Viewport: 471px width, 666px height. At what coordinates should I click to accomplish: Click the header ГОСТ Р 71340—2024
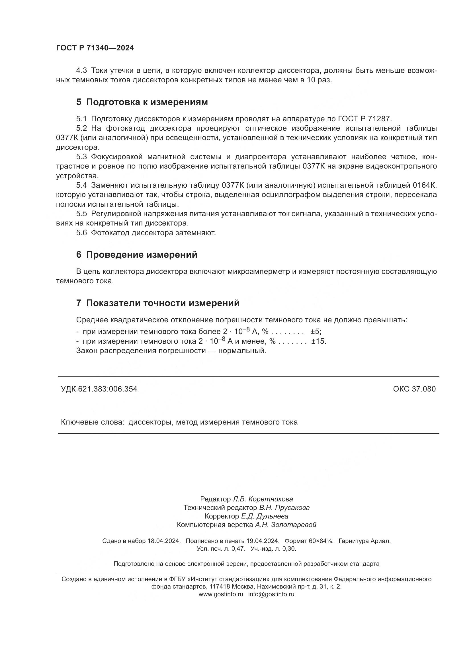point(95,48)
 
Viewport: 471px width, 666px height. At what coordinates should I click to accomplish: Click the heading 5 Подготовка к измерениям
point(142,102)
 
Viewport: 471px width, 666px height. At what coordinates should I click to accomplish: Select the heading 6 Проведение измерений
point(137,255)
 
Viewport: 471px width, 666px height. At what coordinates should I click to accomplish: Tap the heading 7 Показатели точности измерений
point(158,303)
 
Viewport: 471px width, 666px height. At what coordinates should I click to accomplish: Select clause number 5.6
point(81,233)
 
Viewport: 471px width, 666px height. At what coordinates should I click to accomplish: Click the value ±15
point(319,341)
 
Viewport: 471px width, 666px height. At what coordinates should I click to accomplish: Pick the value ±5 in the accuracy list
point(316,331)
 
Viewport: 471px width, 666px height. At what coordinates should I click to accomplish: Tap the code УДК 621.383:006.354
point(99,389)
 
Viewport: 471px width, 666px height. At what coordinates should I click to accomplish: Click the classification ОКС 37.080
point(414,389)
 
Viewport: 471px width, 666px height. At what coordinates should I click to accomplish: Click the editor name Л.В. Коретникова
point(263,499)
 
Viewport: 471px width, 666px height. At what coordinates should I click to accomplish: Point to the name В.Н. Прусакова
point(284,508)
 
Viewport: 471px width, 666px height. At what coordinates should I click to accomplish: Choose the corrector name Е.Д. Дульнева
point(265,516)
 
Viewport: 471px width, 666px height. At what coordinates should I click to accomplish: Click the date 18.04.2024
point(164,541)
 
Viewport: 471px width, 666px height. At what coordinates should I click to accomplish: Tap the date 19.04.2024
point(263,541)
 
